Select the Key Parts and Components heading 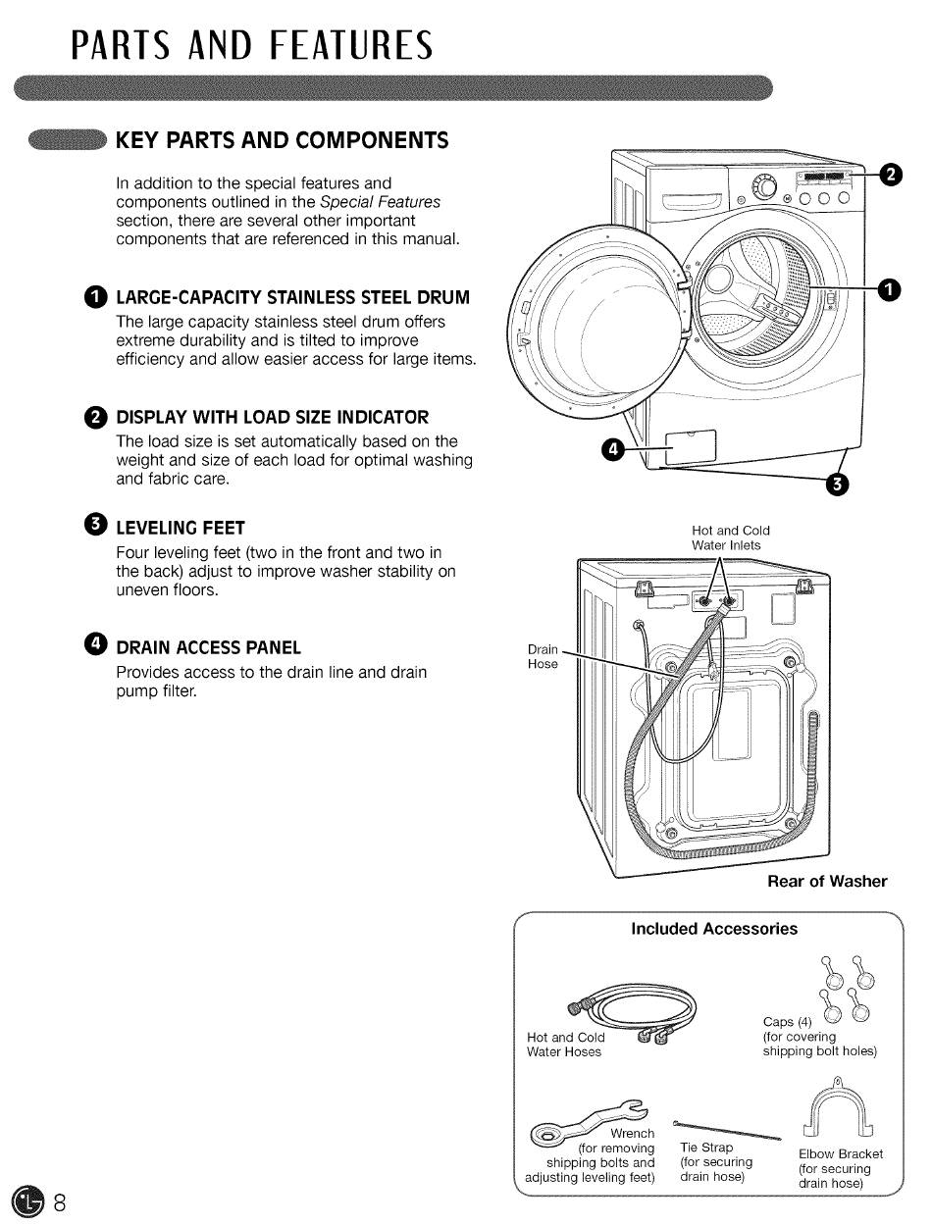point(282,140)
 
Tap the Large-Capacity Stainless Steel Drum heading point(292,297)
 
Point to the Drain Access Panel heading point(208,647)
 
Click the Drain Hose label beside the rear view point(543,656)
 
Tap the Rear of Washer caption point(827,881)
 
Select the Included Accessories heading point(713,929)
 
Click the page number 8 point(60,1202)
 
